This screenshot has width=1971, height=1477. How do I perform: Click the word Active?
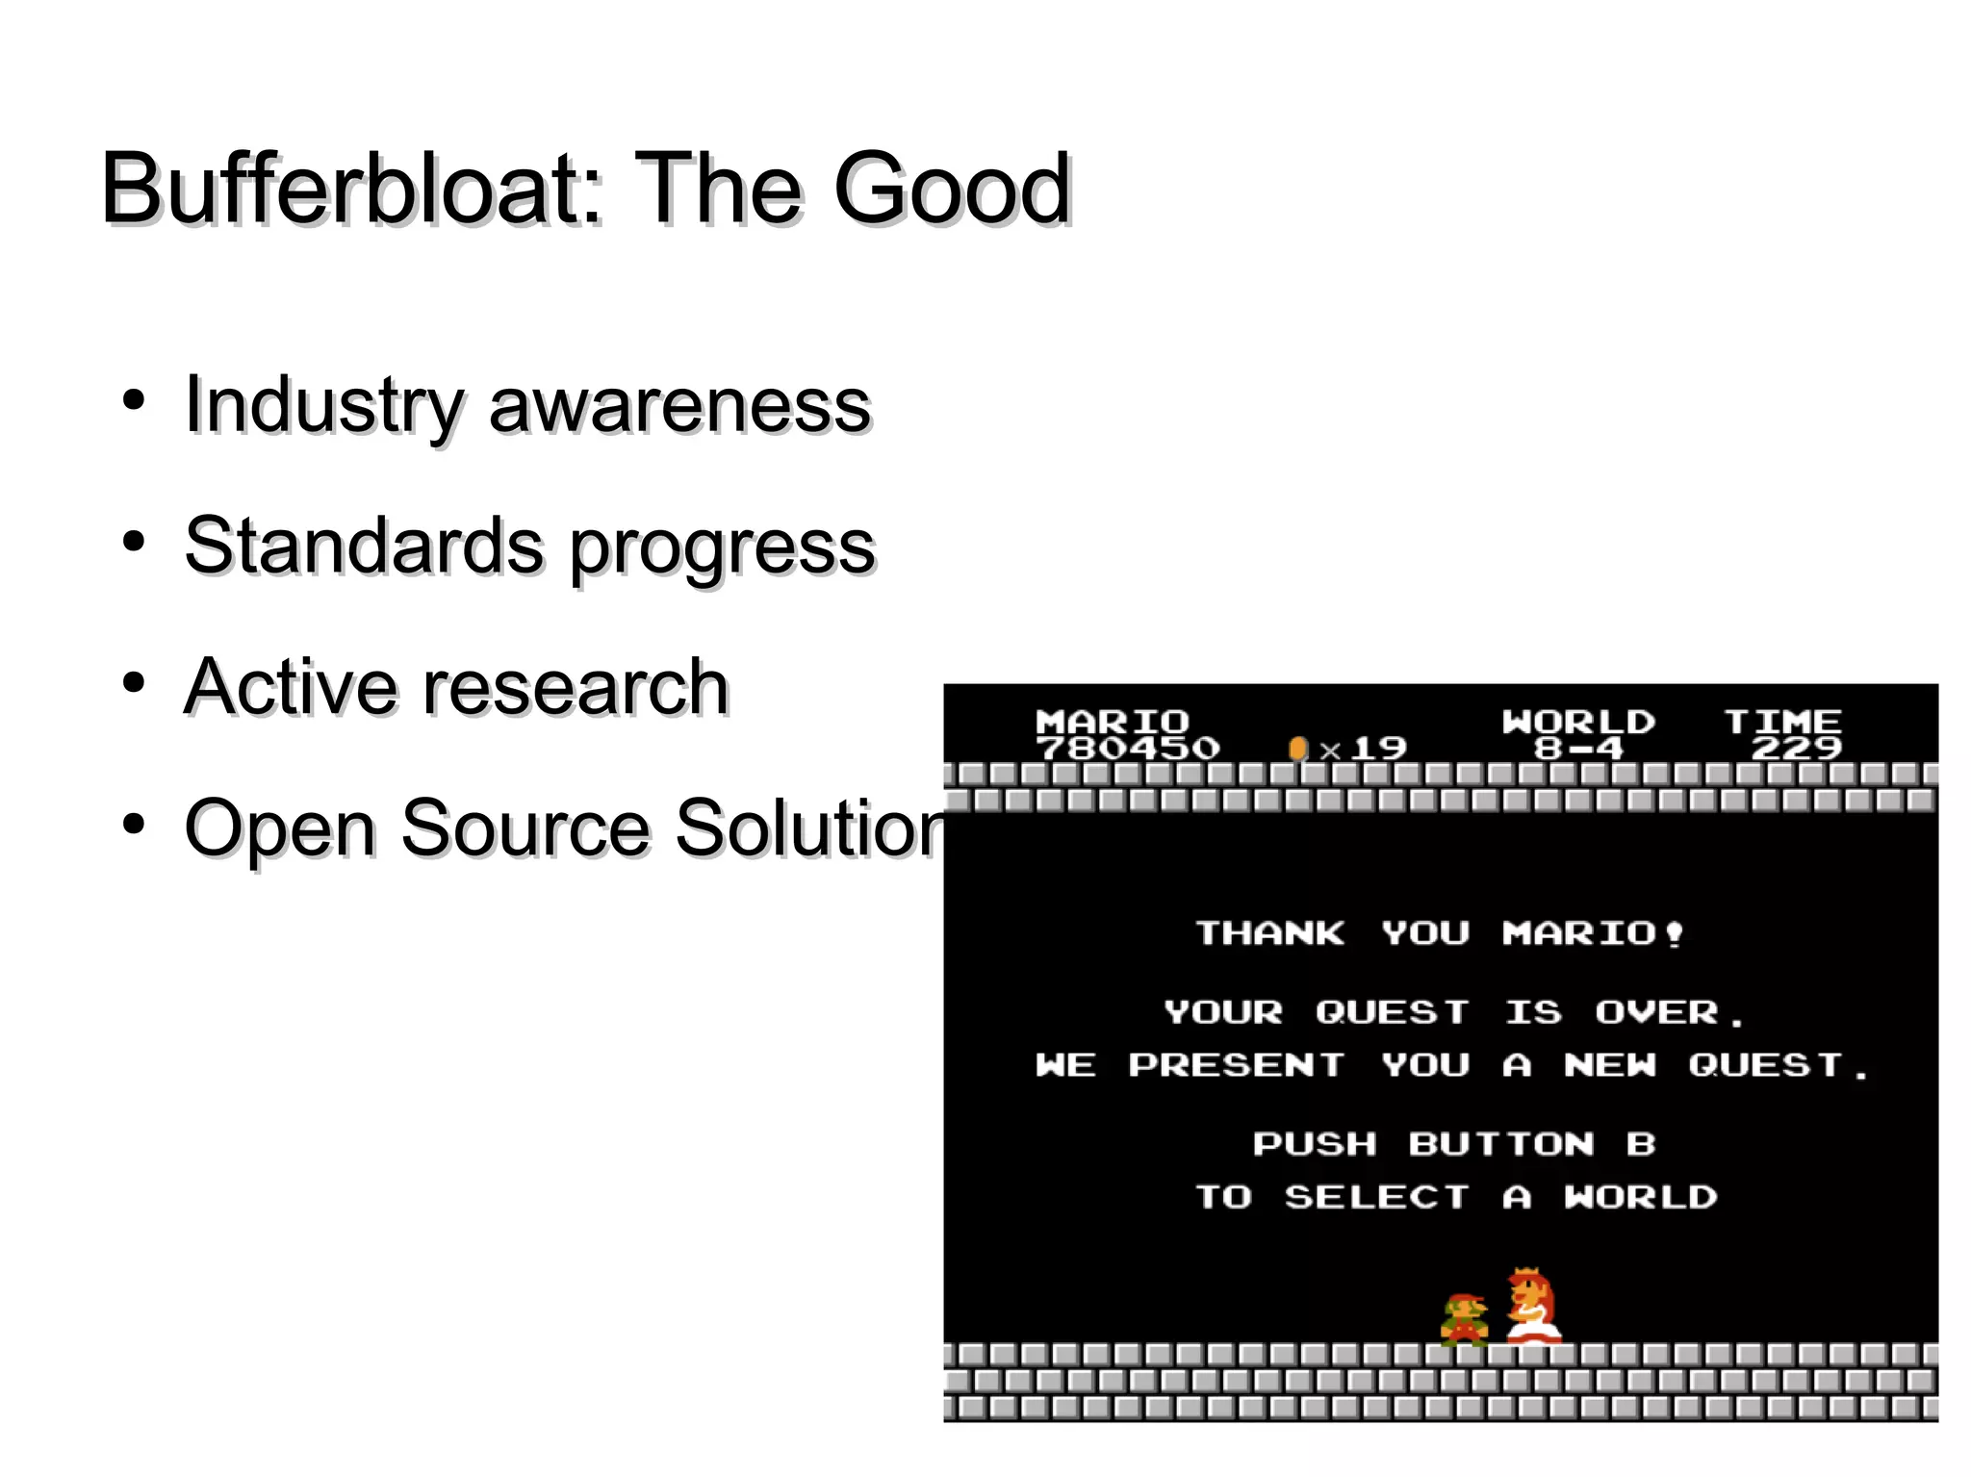coord(290,687)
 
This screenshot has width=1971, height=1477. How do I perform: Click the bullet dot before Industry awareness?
coord(134,399)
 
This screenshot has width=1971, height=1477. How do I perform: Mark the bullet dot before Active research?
coord(134,682)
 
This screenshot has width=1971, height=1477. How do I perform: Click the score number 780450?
coord(1128,748)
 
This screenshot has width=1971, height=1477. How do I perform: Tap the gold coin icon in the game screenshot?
coord(1297,748)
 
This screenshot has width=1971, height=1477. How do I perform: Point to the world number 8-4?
coord(1578,748)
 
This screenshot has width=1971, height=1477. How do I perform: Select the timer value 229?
coord(1796,748)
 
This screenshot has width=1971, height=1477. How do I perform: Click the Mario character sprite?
coord(1464,1318)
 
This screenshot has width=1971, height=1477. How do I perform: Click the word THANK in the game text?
coord(1269,932)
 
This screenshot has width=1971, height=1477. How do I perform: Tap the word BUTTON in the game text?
coord(1500,1143)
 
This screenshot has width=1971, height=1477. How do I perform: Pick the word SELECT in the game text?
coord(1376,1196)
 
